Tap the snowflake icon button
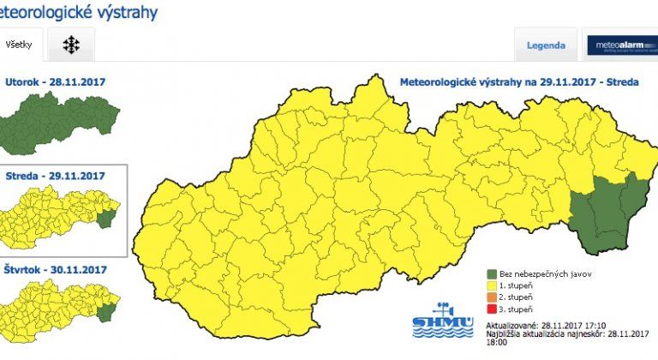point(71,45)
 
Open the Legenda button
point(546,45)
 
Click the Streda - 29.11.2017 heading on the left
point(55,176)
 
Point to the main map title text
point(513,82)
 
